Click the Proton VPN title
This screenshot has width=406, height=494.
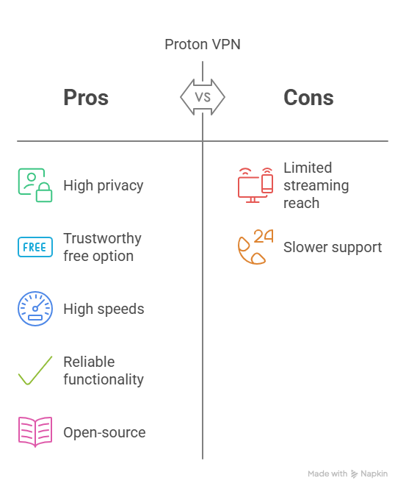click(203, 44)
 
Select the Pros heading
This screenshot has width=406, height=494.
click(86, 97)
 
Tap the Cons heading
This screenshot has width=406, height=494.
click(308, 97)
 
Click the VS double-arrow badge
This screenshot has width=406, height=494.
click(203, 97)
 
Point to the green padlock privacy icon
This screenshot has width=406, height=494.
click(35, 185)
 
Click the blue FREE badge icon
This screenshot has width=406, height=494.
click(35, 247)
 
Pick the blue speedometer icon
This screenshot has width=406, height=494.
click(35, 309)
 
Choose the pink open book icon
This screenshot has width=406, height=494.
click(35, 432)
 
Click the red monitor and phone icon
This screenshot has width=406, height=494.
click(255, 185)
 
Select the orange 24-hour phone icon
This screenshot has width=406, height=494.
click(255, 247)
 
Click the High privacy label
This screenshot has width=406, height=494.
click(104, 185)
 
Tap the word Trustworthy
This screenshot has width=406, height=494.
click(102, 238)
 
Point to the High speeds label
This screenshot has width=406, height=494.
click(104, 309)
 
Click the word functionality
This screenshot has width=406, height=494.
click(104, 379)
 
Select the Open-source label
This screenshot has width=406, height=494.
click(104, 432)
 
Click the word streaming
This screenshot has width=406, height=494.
click(316, 185)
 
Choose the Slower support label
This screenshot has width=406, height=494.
click(333, 247)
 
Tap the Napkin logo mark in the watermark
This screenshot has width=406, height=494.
click(355, 474)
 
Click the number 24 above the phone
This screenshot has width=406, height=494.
click(264, 236)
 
